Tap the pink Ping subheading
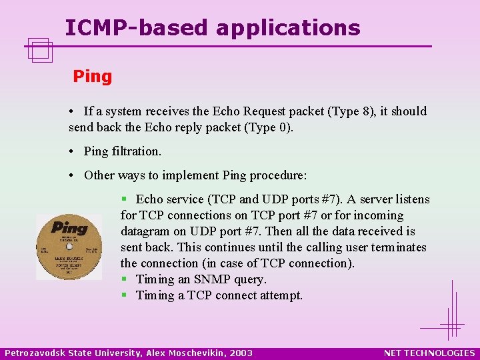click(93, 77)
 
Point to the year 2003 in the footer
click(241, 353)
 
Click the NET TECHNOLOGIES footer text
click(429, 353)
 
